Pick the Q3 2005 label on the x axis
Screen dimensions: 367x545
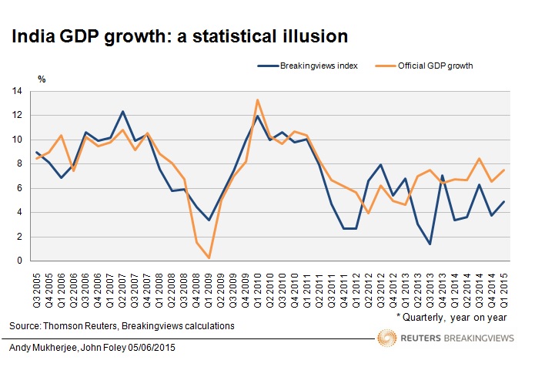(x=37, y=286)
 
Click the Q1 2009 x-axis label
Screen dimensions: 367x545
(x=208, y=286)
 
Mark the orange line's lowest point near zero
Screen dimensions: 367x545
(x=208, y=258)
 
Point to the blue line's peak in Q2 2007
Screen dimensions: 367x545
(x=122, y=111)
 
